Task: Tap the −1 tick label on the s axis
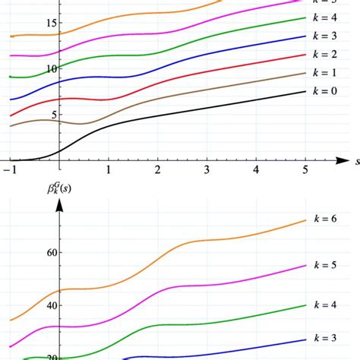9,172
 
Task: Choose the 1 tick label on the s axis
108,172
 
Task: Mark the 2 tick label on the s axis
157,172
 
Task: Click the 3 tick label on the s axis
207,172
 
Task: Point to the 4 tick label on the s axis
256,172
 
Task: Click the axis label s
355,161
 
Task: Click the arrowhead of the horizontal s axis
340,160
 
